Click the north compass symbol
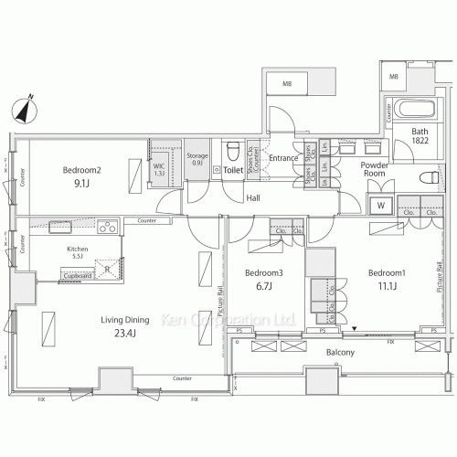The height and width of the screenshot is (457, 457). [x=27, y=109]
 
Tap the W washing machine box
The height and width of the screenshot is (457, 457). [x=379, y=206]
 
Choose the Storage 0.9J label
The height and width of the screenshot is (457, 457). [x=197, y=159]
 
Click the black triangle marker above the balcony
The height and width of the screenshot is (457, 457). [x=355, y=330]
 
